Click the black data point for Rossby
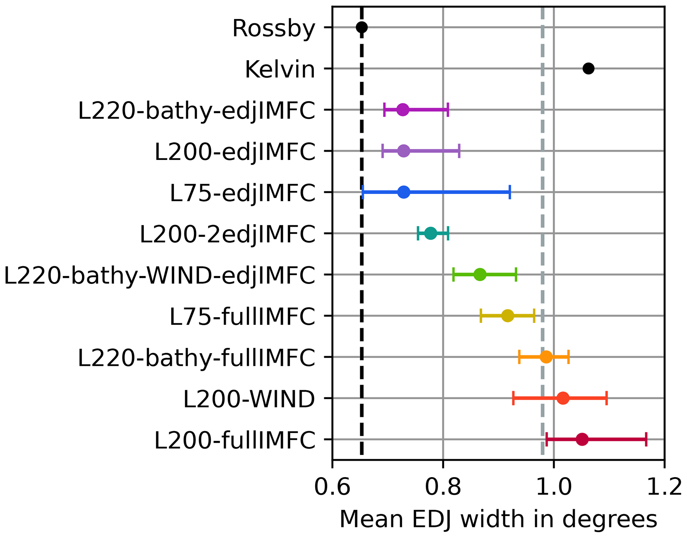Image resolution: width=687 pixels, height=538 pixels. pyautogui.click(x=362, y=27)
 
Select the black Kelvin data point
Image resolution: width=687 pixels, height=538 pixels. pyautogui.click(x=588, y=68)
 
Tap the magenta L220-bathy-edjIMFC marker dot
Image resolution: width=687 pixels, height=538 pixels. pyautogui.click(x=403, y=110)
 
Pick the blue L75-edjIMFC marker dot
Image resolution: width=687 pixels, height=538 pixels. pyautogui.click(x=404, y=192)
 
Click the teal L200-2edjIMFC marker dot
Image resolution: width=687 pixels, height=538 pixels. pyautogui.click(x=431, y=233)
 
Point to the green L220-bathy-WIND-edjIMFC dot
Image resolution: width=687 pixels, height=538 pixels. pyautogui.click(x=480, y=275)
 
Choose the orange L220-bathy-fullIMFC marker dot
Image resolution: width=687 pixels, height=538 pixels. pyautogui.click(x=546, y=357)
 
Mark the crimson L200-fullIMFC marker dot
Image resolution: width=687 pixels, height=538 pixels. pyautogui.click(x=582, y=440)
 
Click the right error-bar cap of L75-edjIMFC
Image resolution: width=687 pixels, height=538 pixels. pyautogui.click(x=510, y=192)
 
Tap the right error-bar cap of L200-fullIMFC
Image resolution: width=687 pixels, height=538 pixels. pyautogui.click(x=646, y=440)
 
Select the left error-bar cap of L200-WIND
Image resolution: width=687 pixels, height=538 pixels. pyautogui.click(x=514, y=398)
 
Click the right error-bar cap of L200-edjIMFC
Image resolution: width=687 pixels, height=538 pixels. pyautogui.click(x=459, y=151)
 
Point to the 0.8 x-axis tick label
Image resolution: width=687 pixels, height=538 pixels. pyautogui.click(x=443, y=488)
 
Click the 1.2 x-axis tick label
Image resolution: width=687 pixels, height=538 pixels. pyautogui.click(x=664, y=488)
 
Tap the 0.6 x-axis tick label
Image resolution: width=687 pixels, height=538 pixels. pyautogui.click(x=332, y=488)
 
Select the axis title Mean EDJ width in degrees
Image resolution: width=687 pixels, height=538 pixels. pyautogui.click(x=498, y=519)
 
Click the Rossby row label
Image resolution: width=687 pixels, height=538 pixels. pyautogui.click(x=274, y=29)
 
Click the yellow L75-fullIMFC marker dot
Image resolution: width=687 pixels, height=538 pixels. pyautogui.click(x=508, y=316)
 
